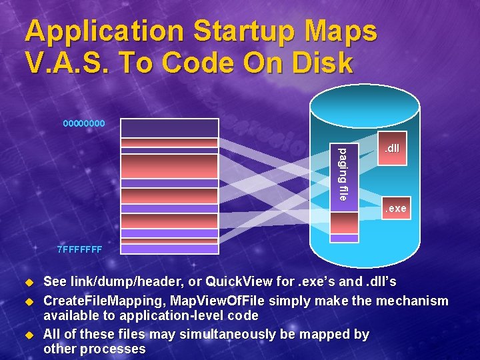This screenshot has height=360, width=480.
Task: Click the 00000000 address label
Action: click(x=83, y=123)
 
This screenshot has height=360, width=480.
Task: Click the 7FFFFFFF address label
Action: click(x=79, y=250)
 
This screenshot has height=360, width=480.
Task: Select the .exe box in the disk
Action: click(x=393, y=209)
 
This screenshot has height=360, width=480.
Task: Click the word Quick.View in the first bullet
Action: click(x=231, y=283)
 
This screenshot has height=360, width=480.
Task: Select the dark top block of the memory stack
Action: click(x=169, y=128)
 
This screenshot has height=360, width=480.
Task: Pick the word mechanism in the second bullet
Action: click(x=412, y=301)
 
